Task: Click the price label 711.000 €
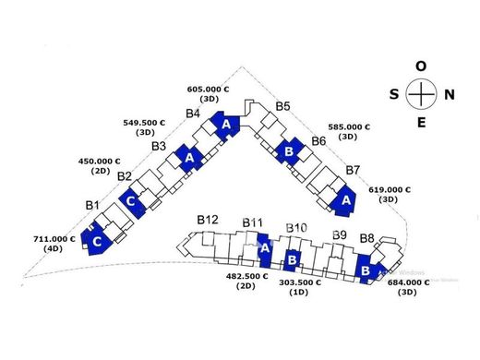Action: [54, 239]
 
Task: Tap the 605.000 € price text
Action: [208, 90]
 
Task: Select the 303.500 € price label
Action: [300, 282]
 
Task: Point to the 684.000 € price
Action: [408, 282]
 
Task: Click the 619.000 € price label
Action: [390, 190]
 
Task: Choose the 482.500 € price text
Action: [247, 276]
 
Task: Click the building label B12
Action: [208, 220]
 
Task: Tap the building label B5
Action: [282, 106]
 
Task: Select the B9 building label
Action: [340, 235]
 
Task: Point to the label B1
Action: [92, 205]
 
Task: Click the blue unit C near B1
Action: [96, 239]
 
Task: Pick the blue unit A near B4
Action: [225, 126]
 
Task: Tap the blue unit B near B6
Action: [288, 151]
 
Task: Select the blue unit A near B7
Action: [344, 201]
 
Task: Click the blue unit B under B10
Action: [291, 260]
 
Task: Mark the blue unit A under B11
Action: [264, 250]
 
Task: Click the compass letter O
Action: [421, 66]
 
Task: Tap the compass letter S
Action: [394, 94]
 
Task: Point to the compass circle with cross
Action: [421, 78]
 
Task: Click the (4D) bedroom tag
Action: [54, 248]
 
